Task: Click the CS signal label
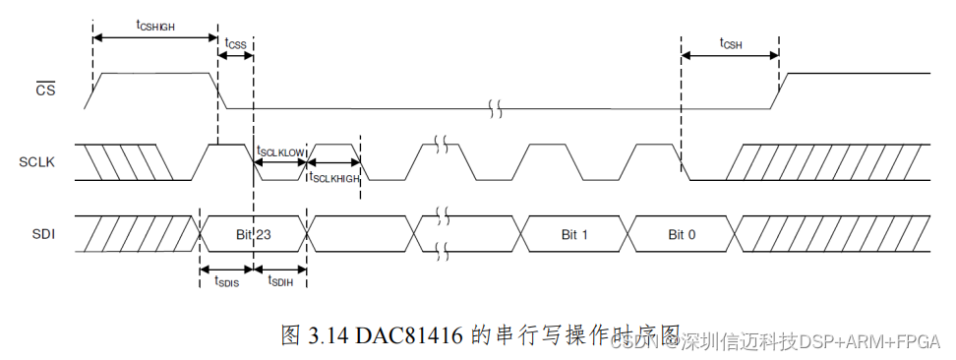pyautogui.click(x=45, y=91)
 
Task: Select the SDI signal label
pyautogui.click(x=44, y=234)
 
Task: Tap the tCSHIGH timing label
pyautogui.click(x=155, y=25)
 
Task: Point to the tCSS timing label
pyautogui.click(x=235, y=43)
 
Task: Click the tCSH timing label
pyautogui.click(x=730, y=43)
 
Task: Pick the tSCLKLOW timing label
pyautogui.click(x=280, y=151)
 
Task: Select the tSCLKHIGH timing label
pyautogui.click(x=334, y=177)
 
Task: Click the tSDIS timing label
pyautogui.click(x=226, y=281)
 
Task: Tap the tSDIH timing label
pyautogui.click(x=280, y=281)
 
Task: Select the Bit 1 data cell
pyautogui.click(x=574, y=234)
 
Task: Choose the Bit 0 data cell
pyautogui.click(x=682, y=234)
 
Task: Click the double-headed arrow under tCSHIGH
pyautogui.click(x=155, y=37)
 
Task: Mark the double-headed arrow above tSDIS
pyautogui.click(x=226, y=269)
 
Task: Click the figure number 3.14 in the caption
pyautogui.click(x=326, y=335)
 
